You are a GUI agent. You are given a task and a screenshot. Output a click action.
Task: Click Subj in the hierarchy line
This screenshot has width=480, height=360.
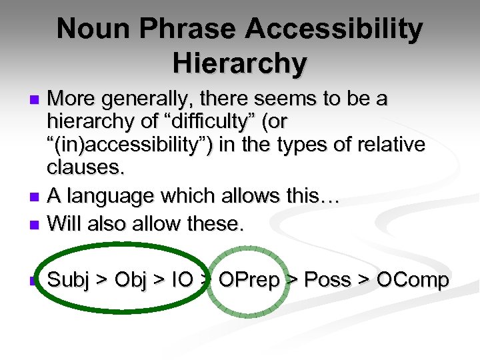pos(69,281)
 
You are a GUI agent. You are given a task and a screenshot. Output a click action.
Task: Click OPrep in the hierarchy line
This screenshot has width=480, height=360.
pos(249,281)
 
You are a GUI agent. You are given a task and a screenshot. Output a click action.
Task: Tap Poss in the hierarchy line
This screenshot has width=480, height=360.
pos(329,281)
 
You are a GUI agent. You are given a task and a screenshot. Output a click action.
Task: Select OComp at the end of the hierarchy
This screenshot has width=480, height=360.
pos(413,281)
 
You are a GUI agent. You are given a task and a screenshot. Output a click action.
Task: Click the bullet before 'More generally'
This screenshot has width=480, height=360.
pos(37,101)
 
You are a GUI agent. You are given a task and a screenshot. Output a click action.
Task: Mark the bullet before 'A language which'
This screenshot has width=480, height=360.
pos(37,197)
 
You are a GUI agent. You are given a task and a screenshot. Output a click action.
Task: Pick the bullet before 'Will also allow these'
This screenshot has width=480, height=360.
pos(37,225)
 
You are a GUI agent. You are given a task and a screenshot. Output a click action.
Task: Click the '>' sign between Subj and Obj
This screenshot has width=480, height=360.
pos(103,281)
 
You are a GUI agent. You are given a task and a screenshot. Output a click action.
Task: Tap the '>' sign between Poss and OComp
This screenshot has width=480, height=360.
pos(365,281)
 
